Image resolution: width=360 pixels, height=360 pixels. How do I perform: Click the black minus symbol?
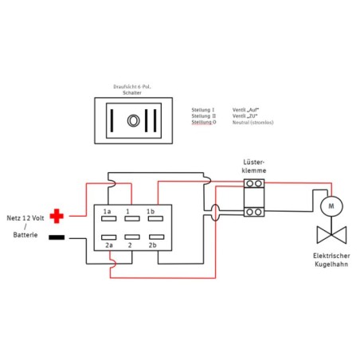(x=57, y=237)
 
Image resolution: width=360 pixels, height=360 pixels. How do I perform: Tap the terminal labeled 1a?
(x=108, y=220)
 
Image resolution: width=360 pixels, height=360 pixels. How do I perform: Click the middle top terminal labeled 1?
(x=128, y=220)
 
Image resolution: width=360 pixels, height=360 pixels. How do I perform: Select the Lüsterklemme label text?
(x=255, y=166)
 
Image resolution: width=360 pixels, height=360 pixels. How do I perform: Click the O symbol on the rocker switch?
(x=134, y=120)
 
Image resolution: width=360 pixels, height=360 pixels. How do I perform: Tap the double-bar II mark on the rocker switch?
(x=155, y=120)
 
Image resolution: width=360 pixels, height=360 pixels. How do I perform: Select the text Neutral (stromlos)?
(x=252, y=123)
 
